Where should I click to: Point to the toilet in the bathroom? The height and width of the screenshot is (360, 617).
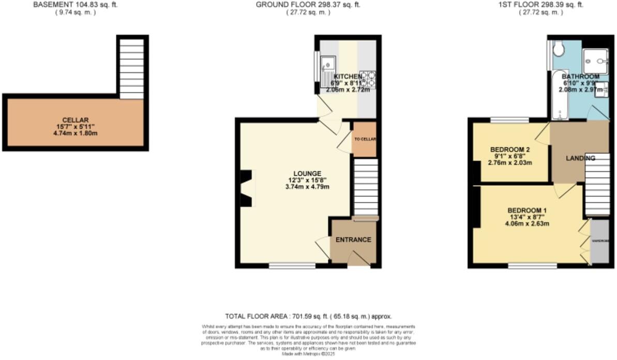tap(558, 49)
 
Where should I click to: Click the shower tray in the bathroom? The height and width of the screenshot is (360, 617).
tap(595, 61)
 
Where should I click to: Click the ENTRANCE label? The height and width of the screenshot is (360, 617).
tap(353, 239)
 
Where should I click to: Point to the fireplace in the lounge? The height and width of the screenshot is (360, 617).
tap(247, 189)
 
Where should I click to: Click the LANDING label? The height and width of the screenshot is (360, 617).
tap(580, 158)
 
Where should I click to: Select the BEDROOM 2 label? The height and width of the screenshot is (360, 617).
tap(510, 149)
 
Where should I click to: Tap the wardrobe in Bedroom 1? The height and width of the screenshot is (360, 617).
tap(599, 241)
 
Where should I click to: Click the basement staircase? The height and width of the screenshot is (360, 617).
tap(131, 67)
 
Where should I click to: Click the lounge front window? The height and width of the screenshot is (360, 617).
tap(292, 266)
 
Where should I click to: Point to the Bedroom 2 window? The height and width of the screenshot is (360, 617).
tap(509, 120)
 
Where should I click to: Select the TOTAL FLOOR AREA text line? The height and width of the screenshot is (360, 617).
tap(308, 316)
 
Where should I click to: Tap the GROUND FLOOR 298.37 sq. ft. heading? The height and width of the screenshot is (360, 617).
tap(308, 5)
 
